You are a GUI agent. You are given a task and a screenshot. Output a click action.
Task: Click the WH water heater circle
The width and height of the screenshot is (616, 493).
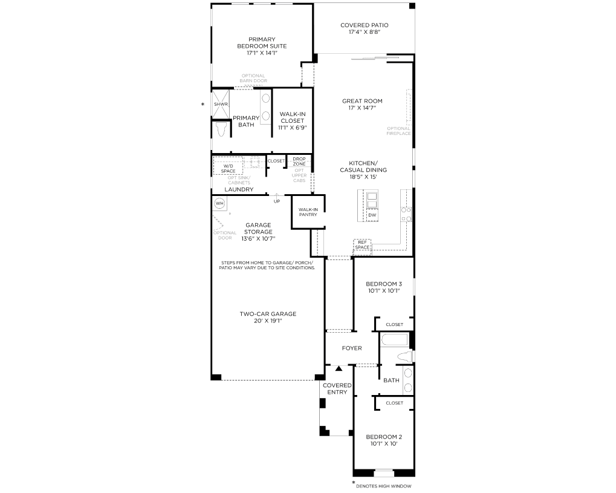219,203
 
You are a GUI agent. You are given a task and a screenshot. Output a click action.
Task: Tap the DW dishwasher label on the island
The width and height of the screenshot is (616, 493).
372,215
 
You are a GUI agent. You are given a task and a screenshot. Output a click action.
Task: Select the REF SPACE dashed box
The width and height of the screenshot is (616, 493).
362,244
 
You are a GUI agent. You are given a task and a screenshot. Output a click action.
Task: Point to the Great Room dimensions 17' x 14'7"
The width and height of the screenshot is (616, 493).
362,108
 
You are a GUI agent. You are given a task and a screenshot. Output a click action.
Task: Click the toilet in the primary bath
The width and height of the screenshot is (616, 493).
221,129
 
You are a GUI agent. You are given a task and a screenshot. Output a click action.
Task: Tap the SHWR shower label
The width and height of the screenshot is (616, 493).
221,104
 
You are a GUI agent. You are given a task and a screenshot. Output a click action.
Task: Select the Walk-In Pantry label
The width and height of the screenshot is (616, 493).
308,212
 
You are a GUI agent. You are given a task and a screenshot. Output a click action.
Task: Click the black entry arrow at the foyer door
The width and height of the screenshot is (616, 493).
339,368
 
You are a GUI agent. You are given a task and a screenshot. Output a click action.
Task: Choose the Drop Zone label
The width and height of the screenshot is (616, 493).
299,161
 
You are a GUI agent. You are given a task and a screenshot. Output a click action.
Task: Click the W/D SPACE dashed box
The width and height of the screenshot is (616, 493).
228,166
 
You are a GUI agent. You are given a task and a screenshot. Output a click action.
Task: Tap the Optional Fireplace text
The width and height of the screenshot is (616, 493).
398,131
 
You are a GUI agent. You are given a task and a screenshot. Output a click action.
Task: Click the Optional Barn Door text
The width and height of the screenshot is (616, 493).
253,78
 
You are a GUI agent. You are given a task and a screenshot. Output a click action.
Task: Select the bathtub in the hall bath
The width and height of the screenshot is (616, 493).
394,340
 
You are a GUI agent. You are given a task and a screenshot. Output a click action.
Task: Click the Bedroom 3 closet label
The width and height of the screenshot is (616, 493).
394,324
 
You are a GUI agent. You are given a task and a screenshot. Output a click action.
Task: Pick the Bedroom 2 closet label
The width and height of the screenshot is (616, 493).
394,403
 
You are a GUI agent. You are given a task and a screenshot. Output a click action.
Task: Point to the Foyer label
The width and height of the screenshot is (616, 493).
352,348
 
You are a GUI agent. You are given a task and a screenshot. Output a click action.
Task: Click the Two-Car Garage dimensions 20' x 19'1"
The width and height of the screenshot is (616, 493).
268,321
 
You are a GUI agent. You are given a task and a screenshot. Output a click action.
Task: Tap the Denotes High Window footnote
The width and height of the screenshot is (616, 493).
383,486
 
